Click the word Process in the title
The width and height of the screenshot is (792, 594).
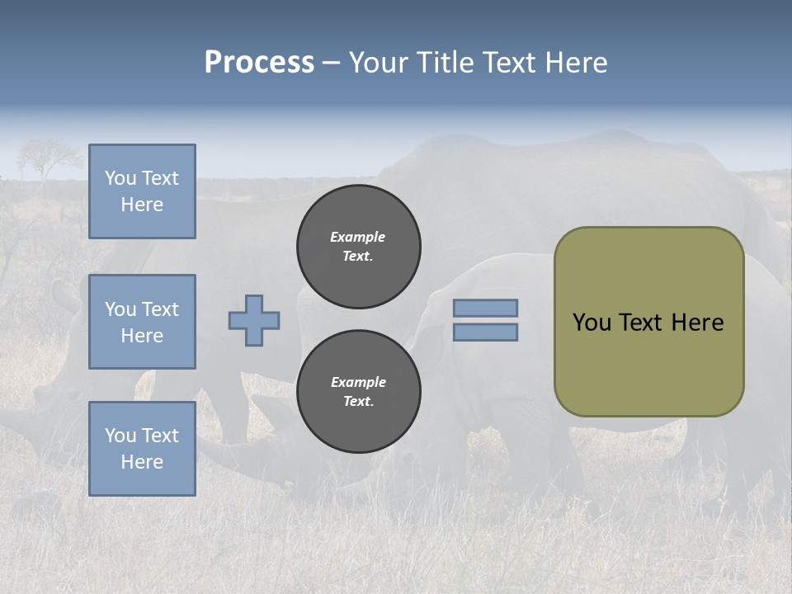click(x=259, y=63)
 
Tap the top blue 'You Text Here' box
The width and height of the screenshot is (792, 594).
click(x=142, y=191)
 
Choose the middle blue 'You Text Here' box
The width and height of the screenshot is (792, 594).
click(x=142, y=322)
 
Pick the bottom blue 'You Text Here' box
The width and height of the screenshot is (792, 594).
click(x=142, y=448)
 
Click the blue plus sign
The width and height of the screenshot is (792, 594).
click(x=254, y=320)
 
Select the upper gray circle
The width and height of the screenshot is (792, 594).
click(x=358, y=246)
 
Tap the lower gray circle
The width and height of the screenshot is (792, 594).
click(x=358, y=391)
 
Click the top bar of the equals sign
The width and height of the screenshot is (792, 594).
click(x=486, y=308)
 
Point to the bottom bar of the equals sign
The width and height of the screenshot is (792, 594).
click(x=486, y=332)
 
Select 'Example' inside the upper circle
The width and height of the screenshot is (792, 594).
click(x=358, y=237)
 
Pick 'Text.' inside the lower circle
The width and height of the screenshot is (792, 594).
click(x=358, y=402)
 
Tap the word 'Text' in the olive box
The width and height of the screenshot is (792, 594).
click(x=641, y=323)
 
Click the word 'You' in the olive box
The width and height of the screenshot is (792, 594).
click(x=592, y=323)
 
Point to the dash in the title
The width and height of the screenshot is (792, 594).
click(x=331, y=63)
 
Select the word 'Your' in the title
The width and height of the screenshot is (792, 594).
click(x=379, y=63)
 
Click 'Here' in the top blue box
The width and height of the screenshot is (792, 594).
click(x=142, y=205)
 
